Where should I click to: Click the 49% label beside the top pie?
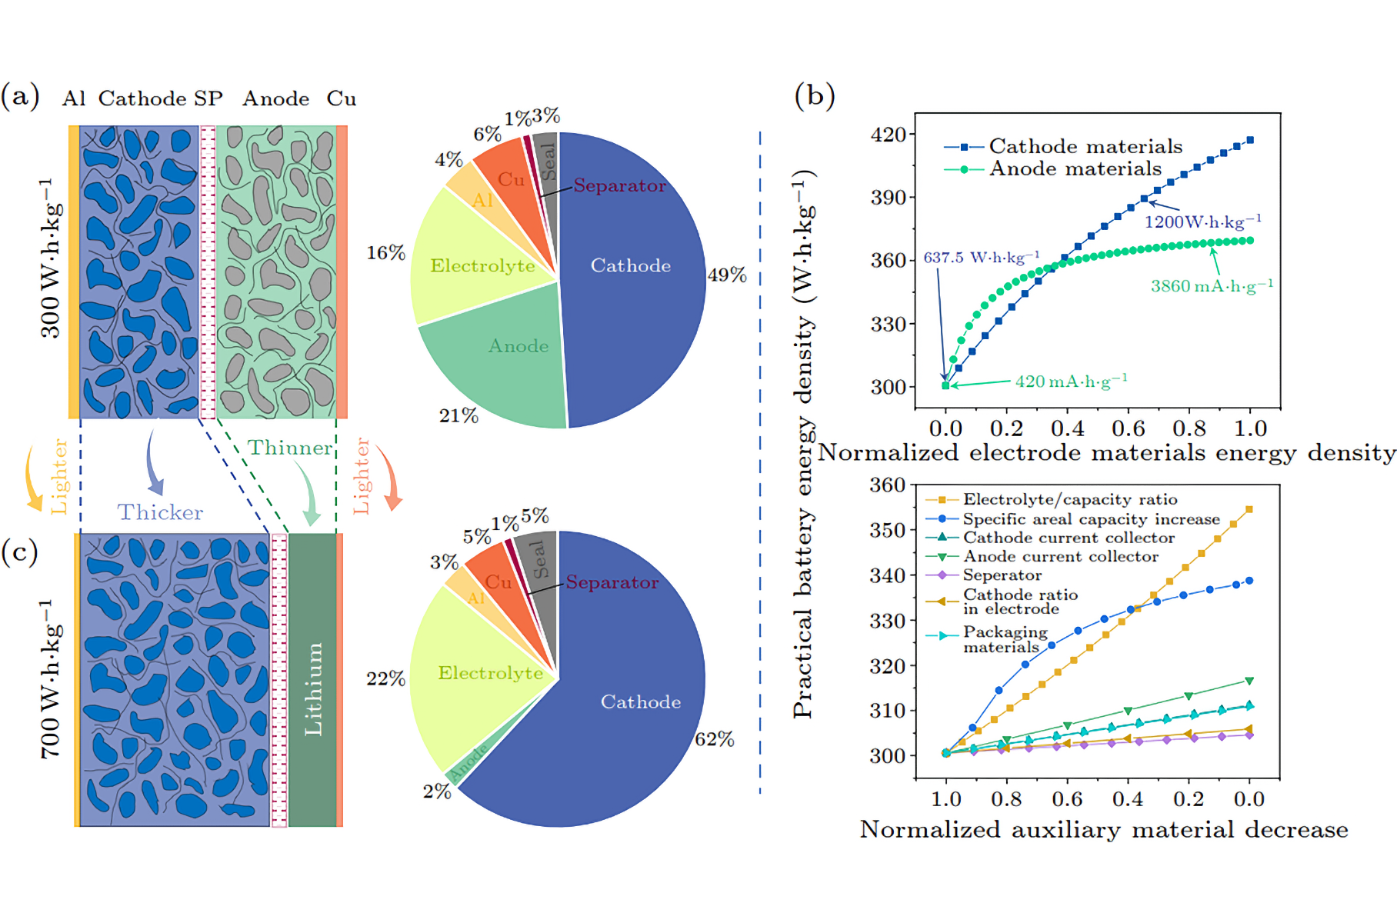(x=727, y=275)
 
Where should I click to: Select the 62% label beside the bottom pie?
(x=715, y=739)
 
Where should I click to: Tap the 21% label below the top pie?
(x=458, y=415)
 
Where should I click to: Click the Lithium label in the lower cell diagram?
(x=313, y=689)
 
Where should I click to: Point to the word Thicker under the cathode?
(x=160, y=512)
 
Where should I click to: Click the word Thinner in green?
(x=289, y=448)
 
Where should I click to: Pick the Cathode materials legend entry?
(x=1085, y=146)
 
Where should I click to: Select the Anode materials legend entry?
(x=1075, y=168)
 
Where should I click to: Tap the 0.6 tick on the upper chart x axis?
(x=1128, y=428)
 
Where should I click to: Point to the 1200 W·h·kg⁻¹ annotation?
(x=1202, y=222)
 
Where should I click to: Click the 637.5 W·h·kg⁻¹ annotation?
(x=981, y=257)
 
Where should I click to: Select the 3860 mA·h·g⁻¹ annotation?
(x=1212, y=286)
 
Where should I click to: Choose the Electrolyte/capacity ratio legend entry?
(x=1069, y=500)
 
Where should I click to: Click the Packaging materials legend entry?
(x=1005, y=639)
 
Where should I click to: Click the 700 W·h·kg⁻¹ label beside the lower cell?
(x=51, y=678)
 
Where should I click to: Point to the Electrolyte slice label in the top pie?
(x=482, y=265)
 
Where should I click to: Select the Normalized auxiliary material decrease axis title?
(x=1103, y=829)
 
